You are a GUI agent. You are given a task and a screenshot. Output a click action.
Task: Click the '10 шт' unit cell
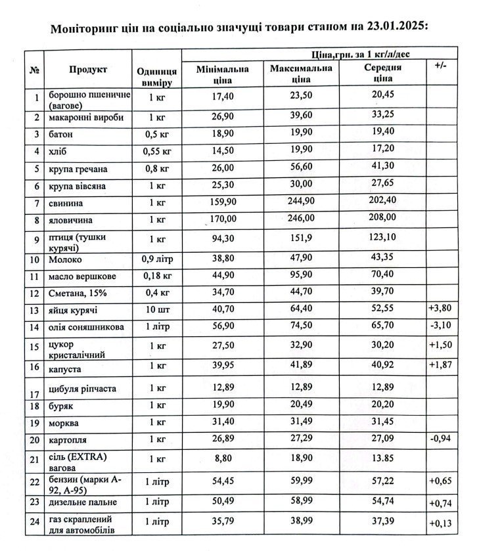coord(157,309)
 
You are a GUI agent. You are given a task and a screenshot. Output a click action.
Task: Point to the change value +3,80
coord(440,309)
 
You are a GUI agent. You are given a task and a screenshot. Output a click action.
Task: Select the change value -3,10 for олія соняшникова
coord(440,326)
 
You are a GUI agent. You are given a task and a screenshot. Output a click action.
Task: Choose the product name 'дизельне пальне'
coord(83,502)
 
